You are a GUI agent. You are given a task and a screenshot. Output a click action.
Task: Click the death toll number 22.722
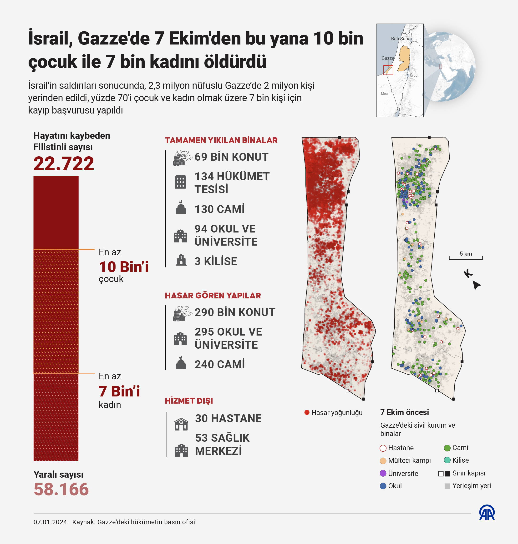[64, 163]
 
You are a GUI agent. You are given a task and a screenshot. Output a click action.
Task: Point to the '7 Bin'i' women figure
[119, 391]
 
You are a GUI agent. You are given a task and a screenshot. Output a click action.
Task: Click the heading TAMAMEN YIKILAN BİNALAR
[221, 140]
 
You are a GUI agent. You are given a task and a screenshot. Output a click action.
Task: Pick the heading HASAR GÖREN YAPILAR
[213, 296]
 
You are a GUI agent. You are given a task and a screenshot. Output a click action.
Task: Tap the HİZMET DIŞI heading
[189, 401]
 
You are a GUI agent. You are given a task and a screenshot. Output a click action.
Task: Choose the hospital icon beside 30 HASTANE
[181, 424]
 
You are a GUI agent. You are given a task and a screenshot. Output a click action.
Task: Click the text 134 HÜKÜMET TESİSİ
[232, 183]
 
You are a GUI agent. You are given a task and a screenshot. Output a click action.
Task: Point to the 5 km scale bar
[466, 257]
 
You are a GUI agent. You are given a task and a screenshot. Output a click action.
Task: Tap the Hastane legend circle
[383, 448]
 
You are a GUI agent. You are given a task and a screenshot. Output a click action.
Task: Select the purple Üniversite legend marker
[383, 473]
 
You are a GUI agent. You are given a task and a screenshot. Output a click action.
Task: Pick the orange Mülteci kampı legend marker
[383, 461]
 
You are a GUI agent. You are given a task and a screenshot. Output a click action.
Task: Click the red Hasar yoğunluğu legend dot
[307, 412]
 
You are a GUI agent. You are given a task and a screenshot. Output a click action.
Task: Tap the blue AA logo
[487, 513]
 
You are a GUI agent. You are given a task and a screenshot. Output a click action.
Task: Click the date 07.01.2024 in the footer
[50, 522]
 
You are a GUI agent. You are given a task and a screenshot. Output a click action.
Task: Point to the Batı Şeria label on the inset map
[401, 39]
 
